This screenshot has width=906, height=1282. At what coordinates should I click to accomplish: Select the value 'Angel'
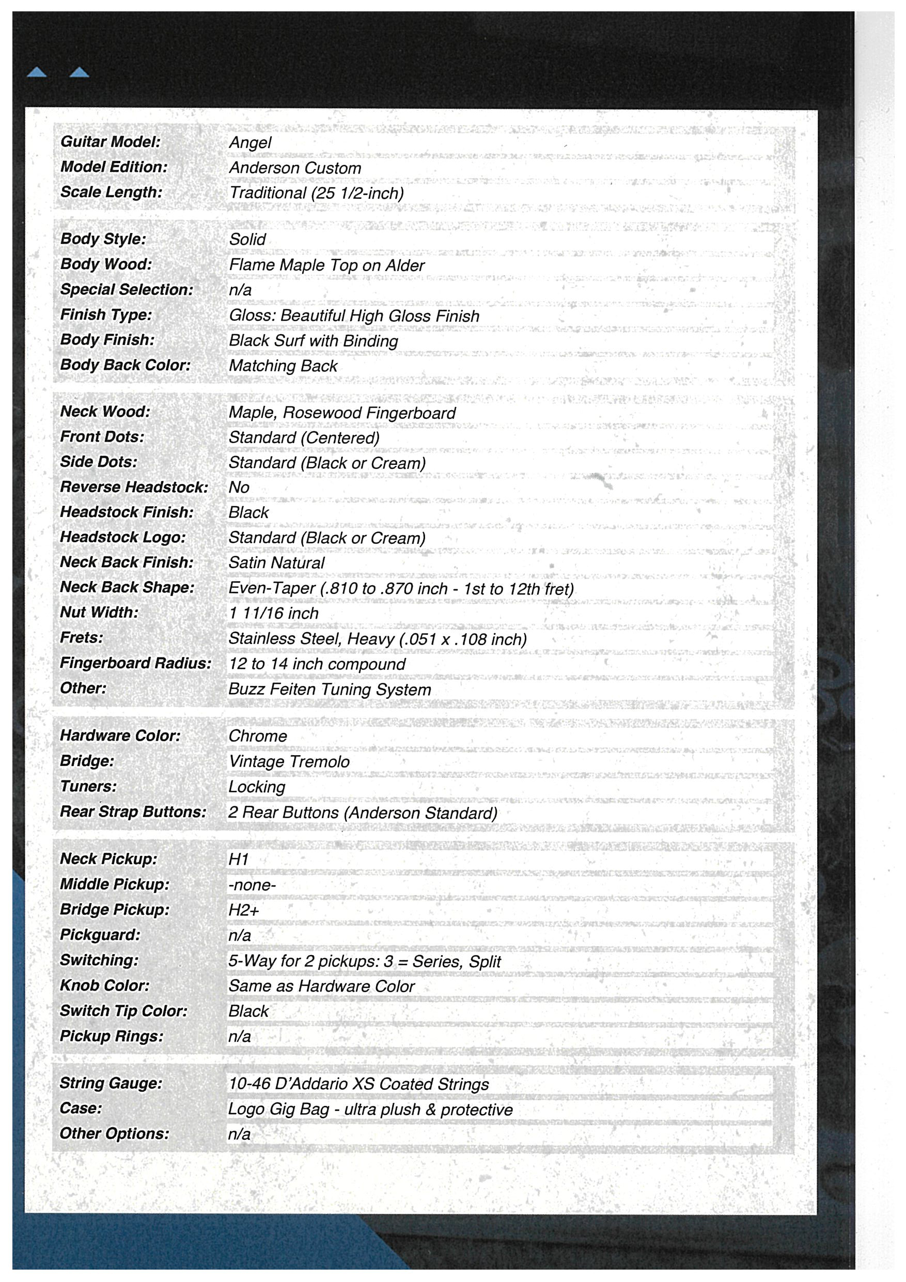(x=249, y=143)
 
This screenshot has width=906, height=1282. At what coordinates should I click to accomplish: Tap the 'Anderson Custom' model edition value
(x=295, y=168)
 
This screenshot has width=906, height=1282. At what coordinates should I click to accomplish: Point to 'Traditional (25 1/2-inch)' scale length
(x=316, y=193)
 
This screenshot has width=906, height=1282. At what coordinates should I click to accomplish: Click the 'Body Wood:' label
(x=106, y=264)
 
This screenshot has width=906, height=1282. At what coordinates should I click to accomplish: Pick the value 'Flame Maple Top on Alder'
(x=326, y=265)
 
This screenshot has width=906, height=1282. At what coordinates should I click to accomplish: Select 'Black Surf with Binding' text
(x=313, y=340)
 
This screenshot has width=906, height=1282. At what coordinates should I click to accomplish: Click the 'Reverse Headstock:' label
(x=134, y=487)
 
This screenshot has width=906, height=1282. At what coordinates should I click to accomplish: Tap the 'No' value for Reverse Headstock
(x=239, y=488)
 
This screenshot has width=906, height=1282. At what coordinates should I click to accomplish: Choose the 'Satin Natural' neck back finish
(x=276, y=563)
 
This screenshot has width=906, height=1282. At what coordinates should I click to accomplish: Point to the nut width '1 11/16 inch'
(x=274, y=613)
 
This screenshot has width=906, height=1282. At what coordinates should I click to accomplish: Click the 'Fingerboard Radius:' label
(x=136, y=663)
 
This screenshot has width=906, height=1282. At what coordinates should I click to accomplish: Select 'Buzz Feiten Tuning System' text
(x=330, y=690)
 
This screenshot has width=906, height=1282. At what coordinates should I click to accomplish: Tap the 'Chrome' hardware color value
(x=257, y=736)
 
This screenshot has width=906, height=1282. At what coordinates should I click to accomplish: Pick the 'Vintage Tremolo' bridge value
(x=289, y=761)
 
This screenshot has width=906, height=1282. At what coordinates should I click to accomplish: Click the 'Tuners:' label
(x=88, y=786)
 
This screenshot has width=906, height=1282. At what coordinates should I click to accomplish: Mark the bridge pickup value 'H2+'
(x=243, y=910)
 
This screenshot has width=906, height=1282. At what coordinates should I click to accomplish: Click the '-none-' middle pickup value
(x=252, y=885)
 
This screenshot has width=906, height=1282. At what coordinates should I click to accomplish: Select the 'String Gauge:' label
(x=111, y=1083)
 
